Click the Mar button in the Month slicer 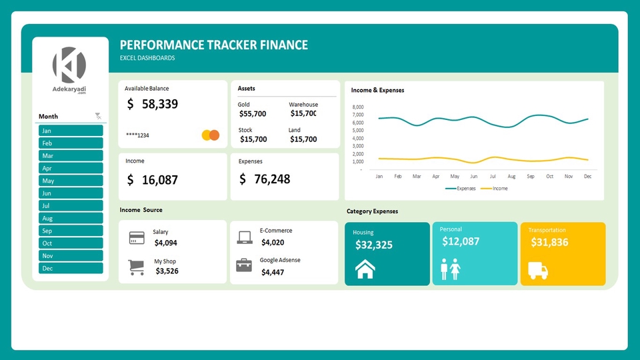pyautogui.click(x=71, y=155)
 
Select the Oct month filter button pyautogui.click(x=71, y=243)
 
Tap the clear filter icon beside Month pyautogui.click(x=99, y=116)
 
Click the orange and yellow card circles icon pyautogui.click(x=210, y=135)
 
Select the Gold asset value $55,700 pyautogui.click(x=253, y=114)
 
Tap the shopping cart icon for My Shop pyautogui.click(x=137, y=267)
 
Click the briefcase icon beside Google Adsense pyautogui.click(x=244, y=265)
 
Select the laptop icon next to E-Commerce pyautogui.click(x=244, y=237)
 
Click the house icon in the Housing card pyautogui.click(x=365, y=269)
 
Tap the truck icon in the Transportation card pyautogui.click(x=538, y=270)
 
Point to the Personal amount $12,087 pyautogui.click(x=461, y=241)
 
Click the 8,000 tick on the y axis pyautogui.click(x=357, y=107)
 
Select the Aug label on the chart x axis pyautogui.click(x=511, y=177)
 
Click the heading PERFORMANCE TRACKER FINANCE pyautogui.click(x=213, y=45)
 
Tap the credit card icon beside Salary pyautogui.click(x=137, y=238)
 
